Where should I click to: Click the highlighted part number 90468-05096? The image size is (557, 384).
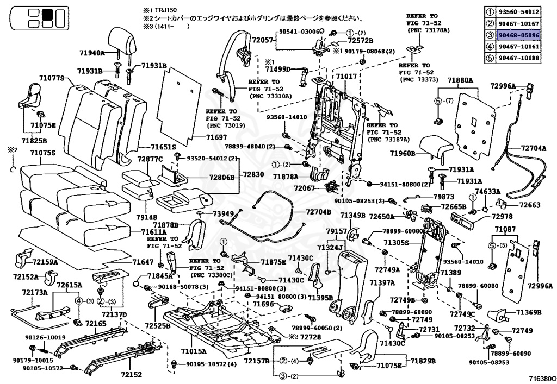click(518, 35)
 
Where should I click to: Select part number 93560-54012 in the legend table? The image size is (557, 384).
click(518, 12)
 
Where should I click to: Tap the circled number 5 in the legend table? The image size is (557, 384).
click(490, 58)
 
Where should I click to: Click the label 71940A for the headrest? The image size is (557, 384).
click(92, 53)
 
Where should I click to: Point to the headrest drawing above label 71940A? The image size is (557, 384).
click(122, 40)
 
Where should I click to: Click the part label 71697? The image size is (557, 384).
click(216, 137)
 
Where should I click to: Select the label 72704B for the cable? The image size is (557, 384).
click(318, 212)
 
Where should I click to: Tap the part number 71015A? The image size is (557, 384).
click(193, 351)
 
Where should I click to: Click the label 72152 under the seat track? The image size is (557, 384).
click(131, 374)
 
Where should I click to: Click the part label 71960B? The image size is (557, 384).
click(403, 154)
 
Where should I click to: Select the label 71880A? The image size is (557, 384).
click(460, 80)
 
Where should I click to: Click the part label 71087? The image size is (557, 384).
click(505, 229)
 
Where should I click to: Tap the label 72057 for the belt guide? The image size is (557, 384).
click(263, 40)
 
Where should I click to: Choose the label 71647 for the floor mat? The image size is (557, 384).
click(143, 262)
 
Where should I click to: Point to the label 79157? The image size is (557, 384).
click(336, 231)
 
